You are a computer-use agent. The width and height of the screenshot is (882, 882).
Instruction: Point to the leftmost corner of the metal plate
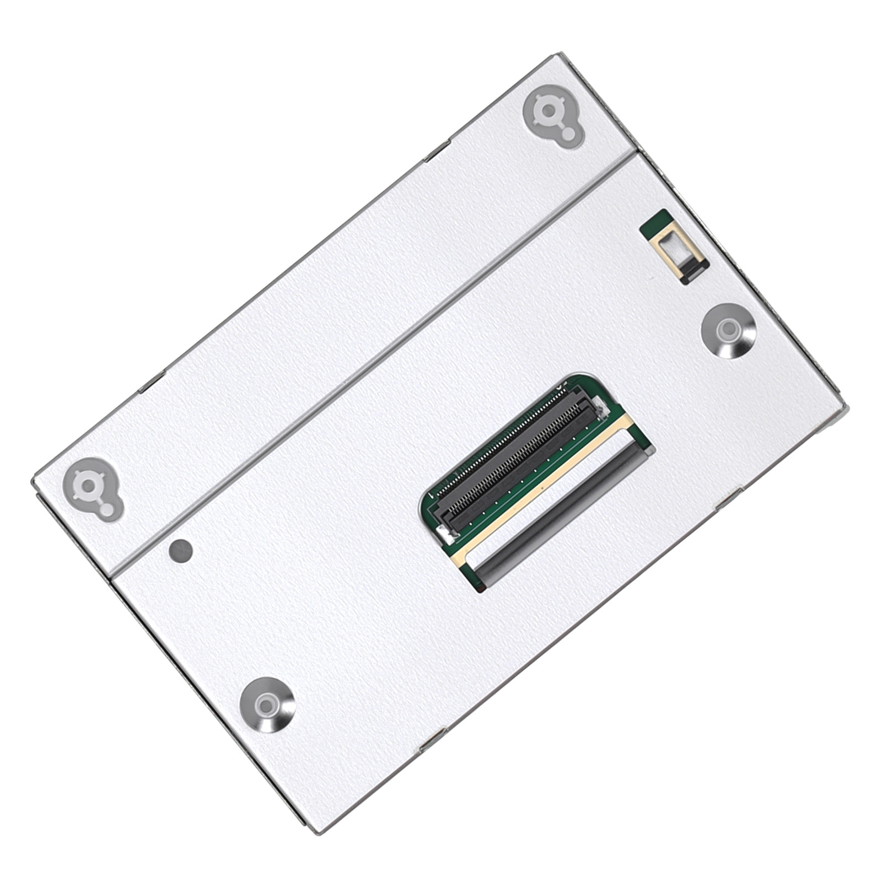(33, 481)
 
